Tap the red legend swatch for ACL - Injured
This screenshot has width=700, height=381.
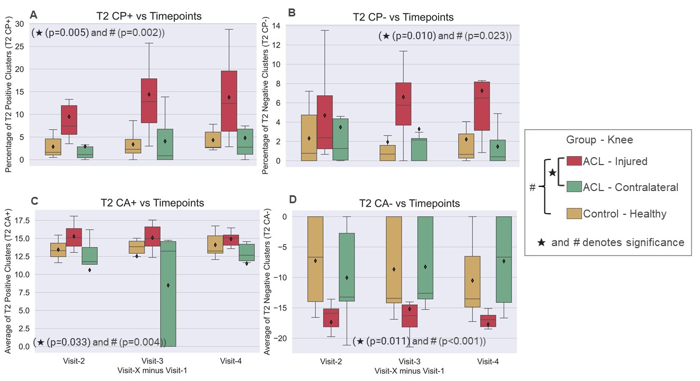click(x=574, y=161)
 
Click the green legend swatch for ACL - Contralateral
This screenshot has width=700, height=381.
click(x=574, y=187)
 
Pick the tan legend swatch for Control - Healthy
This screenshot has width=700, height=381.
click(x=574, y=214)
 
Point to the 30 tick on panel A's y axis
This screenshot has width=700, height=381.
click(x=20, y=23)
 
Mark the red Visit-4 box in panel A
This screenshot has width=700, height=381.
click(x=229, y=101)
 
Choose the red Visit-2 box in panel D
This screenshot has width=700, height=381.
click(x=331, y=317)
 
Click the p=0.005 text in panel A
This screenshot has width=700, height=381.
click(x=67, y=33)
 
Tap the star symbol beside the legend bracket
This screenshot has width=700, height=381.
click(x=552, y=173)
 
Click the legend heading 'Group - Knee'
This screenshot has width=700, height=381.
click(x=599, y=140)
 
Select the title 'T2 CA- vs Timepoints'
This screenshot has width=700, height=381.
click(x=409, y=203)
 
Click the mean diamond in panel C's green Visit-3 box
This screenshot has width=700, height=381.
click(x=168, y=285)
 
